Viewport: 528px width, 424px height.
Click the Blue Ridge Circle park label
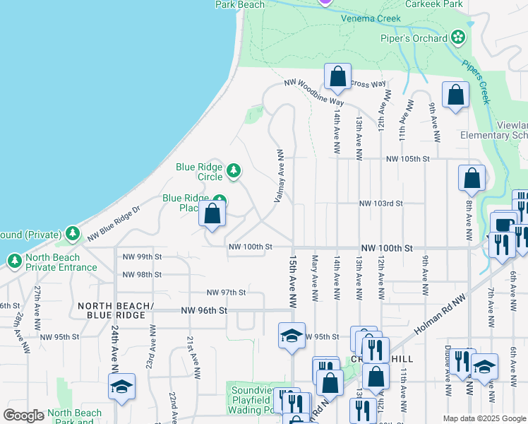(x=199, y=171)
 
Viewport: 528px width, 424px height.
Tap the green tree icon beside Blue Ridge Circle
(x=234, y=171)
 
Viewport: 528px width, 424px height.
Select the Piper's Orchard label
(x=421, y=38)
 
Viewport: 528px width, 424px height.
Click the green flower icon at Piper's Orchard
(x=459, y=37)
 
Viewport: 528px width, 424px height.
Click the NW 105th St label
(x=407, y=159)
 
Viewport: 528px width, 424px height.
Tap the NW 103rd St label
(x=380, y=204)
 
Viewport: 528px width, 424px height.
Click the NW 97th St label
(x=226, y=292)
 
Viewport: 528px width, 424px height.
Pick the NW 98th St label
(x=142, y=274)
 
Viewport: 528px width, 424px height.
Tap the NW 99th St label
(x=142, y=257)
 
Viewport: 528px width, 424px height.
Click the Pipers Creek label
(x=481, y=78)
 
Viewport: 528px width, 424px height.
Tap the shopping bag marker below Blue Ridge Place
(x=212, y=215)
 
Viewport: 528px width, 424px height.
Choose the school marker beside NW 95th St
(x=290, y=335)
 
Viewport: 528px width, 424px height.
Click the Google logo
(x=23, y=416)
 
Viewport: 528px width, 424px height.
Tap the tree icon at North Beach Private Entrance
(x=15, y=261)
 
